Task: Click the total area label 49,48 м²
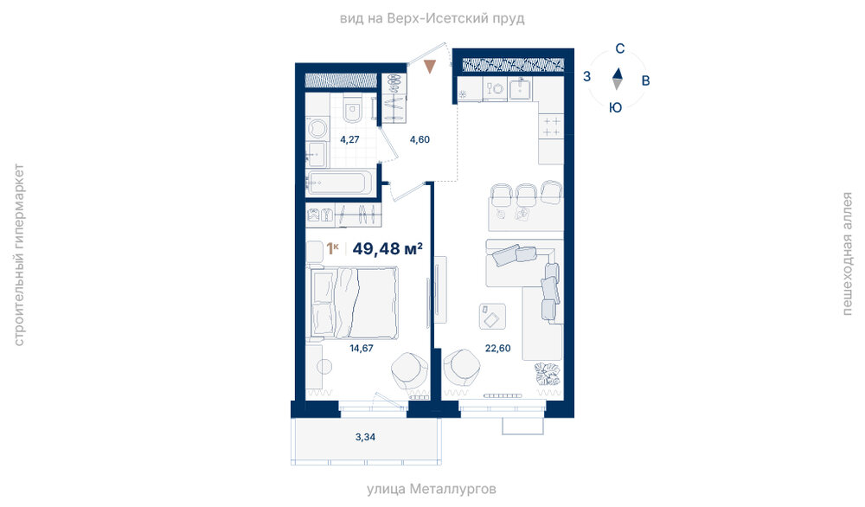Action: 388,249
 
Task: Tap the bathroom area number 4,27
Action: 349,139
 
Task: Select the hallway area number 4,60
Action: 420,139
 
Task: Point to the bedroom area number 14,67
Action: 362,348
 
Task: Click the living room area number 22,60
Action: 497,348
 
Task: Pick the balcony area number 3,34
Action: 365,437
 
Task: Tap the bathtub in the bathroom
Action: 340,183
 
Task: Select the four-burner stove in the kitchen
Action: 551,126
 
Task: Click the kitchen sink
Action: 520,88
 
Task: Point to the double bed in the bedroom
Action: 354,302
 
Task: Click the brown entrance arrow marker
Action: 430,67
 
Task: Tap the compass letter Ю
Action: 615,107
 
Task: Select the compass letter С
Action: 619,48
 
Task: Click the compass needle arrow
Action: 618,79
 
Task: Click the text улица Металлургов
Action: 432,489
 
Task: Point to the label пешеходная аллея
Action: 847,253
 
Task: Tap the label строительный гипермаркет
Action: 18,255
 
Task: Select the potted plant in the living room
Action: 547,375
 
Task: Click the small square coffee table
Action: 492,317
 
